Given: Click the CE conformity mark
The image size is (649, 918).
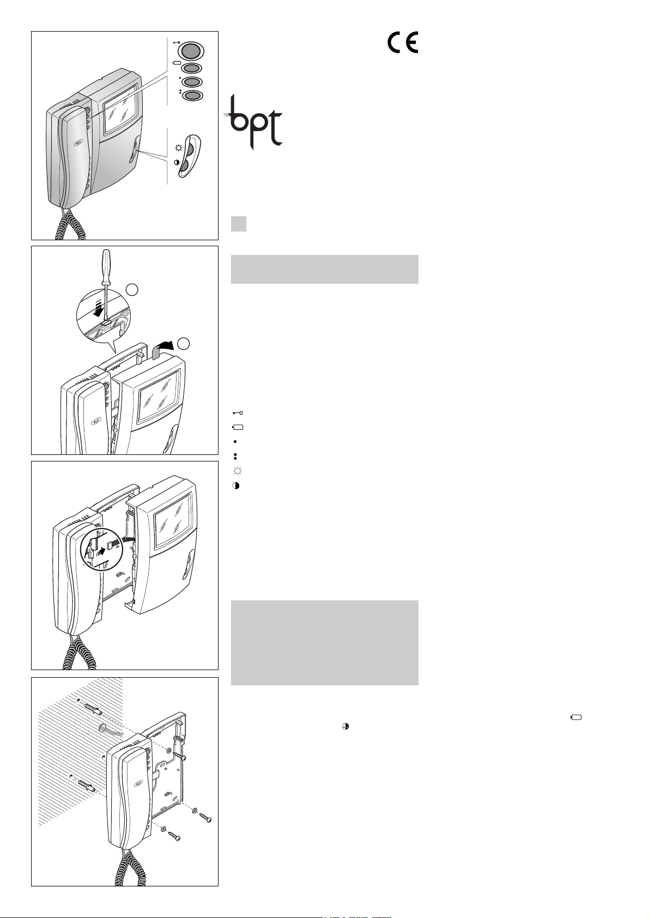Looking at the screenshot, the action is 403,42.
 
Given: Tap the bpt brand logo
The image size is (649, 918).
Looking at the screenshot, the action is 253,121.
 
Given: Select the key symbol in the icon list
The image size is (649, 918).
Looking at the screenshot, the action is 238,412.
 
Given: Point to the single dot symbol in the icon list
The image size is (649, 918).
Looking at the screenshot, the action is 235,442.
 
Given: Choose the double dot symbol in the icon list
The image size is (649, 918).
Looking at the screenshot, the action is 235,456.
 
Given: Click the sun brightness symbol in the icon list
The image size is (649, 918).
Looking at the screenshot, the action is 238,471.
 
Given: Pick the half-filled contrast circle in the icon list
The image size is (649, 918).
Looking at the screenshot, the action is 236,485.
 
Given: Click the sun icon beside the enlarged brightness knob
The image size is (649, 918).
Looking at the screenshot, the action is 178,148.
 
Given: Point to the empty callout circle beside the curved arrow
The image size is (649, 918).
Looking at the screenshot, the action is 184,344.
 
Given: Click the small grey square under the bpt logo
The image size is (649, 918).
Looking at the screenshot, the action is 239,224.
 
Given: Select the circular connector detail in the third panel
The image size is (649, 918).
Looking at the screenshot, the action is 102,548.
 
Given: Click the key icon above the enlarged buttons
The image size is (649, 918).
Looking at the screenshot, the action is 177,42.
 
